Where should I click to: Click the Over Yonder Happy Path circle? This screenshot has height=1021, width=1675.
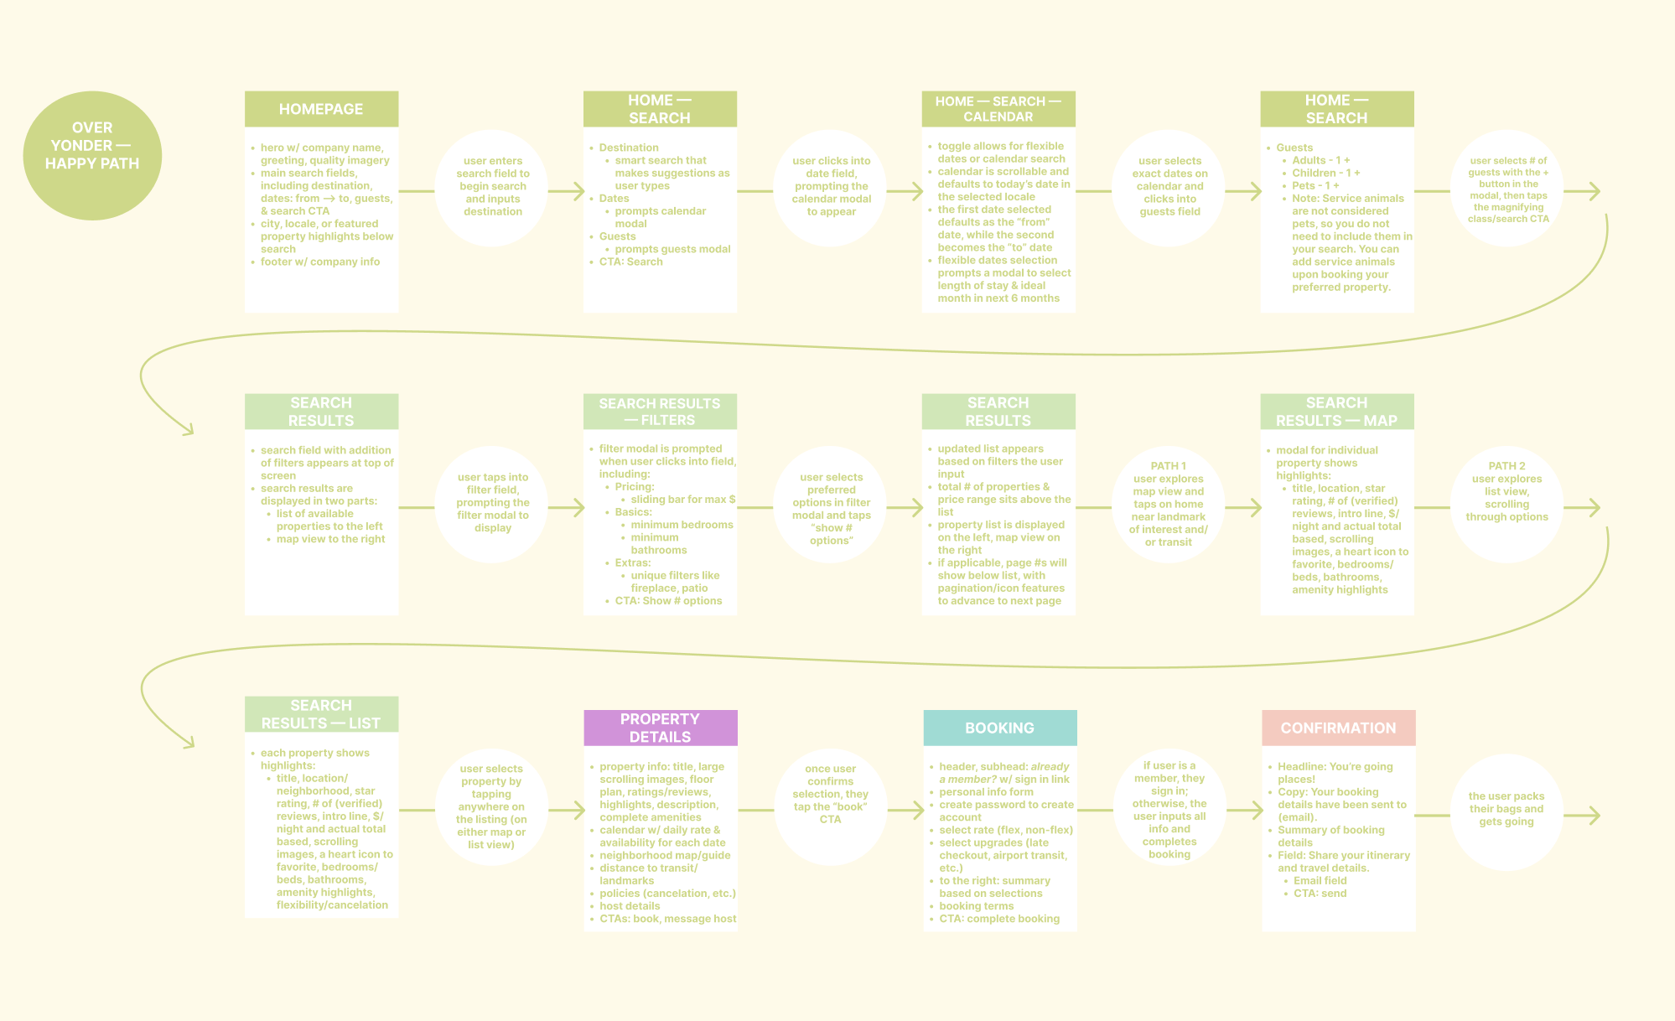(92, 156)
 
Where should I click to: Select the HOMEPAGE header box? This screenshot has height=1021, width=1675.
(321, 109)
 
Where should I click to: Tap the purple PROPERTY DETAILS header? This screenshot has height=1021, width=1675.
(660, 728)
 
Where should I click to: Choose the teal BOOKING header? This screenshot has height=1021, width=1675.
(999, 728)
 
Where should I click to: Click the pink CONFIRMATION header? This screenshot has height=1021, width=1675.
(1338, 728)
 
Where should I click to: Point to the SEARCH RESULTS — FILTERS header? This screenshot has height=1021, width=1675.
(660, 412)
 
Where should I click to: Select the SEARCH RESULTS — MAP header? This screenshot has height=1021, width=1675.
(1336, 412)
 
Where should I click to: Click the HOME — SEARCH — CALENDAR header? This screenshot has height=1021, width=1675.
(998, 109)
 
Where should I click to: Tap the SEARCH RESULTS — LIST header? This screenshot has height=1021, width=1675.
(321, 714)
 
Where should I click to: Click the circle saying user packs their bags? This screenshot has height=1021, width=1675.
(1506, 809)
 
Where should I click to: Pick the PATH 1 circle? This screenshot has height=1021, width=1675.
(1168, 504)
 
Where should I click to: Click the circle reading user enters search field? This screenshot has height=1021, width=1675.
(493, 186)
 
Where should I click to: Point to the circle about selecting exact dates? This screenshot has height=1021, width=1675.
(1169, 186)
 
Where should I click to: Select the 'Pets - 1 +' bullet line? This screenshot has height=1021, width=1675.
(1315, 185)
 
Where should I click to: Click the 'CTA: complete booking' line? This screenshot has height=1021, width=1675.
(999, 919)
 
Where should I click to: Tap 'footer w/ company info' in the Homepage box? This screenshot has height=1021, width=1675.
(320, 262)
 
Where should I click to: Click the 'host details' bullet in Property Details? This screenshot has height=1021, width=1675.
(630, 906)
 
